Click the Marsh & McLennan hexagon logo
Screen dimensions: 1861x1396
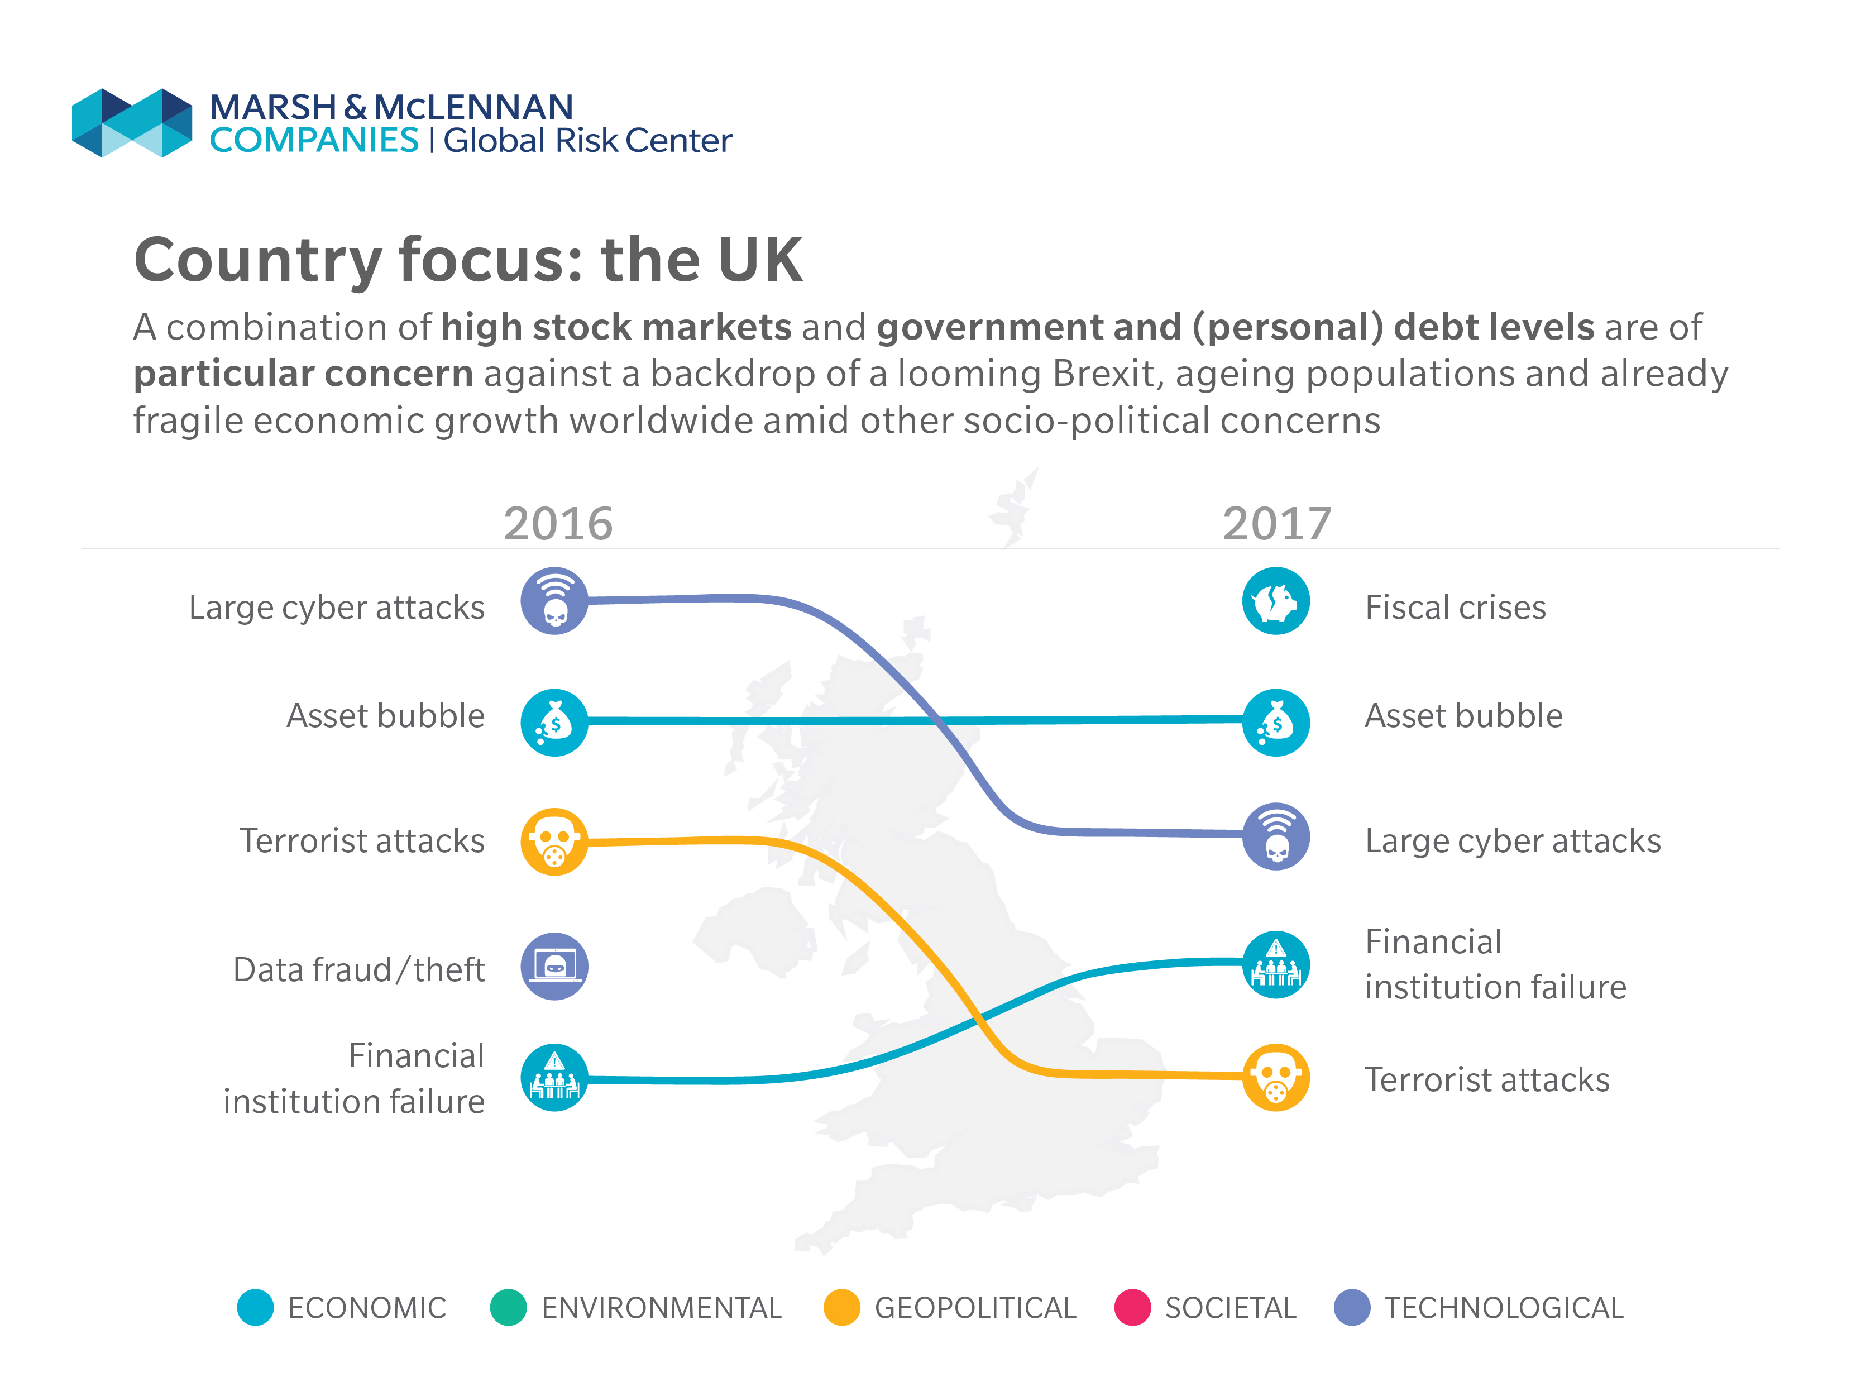click(x=132, y=123)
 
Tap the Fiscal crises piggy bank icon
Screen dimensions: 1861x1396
click(x=1275, y=601)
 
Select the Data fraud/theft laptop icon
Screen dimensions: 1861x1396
click(x=554, y=966)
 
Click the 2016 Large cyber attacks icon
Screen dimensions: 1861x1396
click(x=554, y=601)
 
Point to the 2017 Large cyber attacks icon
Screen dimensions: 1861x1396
click(x=1275, y=835)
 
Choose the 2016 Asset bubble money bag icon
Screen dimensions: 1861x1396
click(x=554, y=722)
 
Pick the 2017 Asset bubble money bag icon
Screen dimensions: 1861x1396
click(x=1275, y=722)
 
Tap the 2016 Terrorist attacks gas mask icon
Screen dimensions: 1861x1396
click(x=554, y=842)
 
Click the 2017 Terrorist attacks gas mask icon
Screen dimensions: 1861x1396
click(x=1275, y=1077)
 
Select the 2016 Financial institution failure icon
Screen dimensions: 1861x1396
click(x=554, y=1077)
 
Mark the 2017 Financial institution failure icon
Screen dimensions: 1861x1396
click(x=1275, y=964)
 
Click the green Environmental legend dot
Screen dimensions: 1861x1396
click(x=508, y=1307)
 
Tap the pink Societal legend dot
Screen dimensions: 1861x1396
click(x=1132, y=1307)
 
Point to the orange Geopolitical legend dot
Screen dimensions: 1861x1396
click(x=841, y=1307)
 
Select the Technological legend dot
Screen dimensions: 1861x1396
click(x=1352, y=1307)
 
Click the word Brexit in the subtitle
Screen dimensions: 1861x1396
click(x=1107, y=374)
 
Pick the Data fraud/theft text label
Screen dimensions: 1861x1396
click(x=359, y=969)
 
